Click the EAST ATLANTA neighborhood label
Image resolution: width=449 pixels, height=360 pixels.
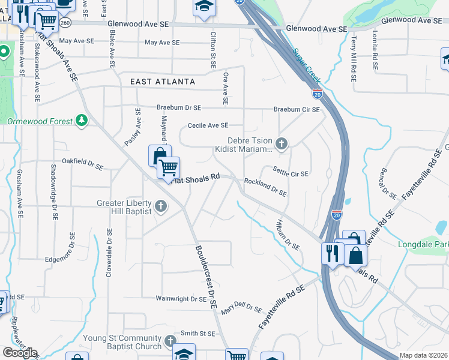(163, 81)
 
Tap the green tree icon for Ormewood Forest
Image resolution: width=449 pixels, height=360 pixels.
(82, 121)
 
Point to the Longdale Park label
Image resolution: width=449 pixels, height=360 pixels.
(423, 244)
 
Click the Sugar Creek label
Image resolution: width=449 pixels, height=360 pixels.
(306, 66)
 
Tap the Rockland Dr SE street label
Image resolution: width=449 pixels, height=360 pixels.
(265, 187)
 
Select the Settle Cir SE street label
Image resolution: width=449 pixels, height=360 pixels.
(291, 173)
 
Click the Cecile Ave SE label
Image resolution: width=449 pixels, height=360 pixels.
(208, 125)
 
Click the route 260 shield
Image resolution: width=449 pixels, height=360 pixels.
(65, 22)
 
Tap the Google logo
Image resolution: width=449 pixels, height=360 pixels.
(20, 352)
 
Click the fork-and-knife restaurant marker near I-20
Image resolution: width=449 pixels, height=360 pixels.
(331, 253)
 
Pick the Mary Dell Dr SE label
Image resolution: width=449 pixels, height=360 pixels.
(241, 310)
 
